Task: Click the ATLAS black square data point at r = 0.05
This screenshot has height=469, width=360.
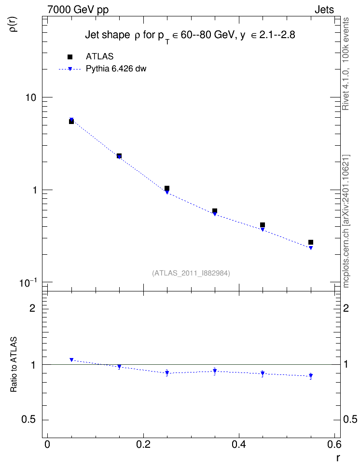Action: pos(71,122)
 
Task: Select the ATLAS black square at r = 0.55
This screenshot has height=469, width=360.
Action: pos(311,242)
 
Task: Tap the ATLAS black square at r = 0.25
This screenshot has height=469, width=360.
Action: pos(167,188)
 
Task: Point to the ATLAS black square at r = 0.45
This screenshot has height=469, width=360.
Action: pos(263,225)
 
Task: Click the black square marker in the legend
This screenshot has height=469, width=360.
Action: pos(70,57)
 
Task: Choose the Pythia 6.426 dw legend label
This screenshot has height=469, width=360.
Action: pos(116,69)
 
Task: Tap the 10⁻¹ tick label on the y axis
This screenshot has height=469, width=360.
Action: pos(28,282)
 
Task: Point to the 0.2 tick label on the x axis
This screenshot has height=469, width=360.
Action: pos(143,444)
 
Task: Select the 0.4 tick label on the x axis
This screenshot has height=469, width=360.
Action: pos(239,444)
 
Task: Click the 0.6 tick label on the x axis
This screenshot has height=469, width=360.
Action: pos(334,444)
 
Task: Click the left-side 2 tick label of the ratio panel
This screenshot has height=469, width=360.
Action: pos(32,308)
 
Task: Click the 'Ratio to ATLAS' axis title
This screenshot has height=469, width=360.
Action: pos(14,365)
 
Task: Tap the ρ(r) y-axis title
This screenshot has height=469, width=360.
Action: pos(14,24)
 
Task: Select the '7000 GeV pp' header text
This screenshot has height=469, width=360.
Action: pos(78,10)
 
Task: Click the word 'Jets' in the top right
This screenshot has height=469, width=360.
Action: pos(324,10)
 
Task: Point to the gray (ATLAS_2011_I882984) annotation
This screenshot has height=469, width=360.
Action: pos(191,273)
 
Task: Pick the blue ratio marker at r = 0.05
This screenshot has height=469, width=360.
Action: pos(71,360)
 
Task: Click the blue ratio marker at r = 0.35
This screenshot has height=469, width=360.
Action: pos(215,371)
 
